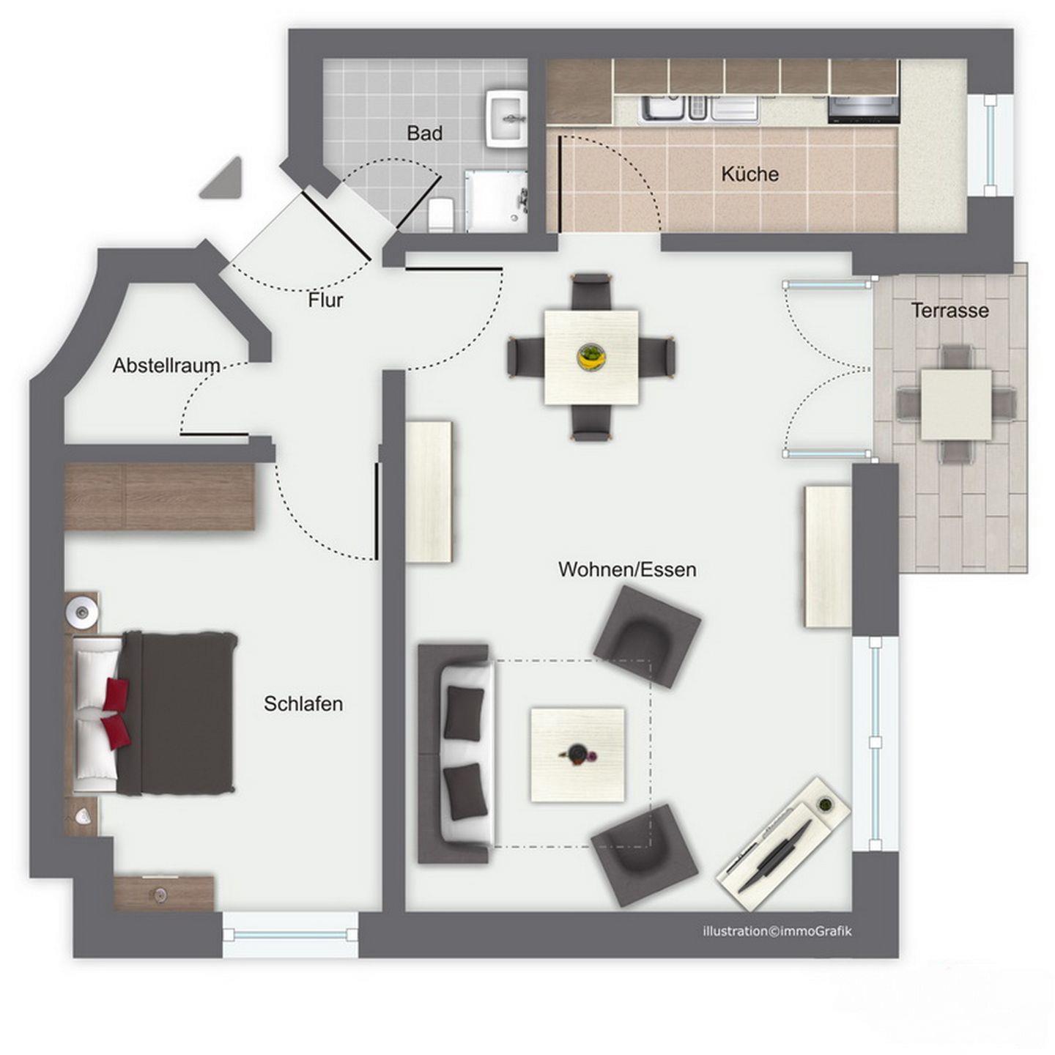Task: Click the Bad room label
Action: click(x=424, y=133)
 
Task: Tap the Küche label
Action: click(x=749, y=174)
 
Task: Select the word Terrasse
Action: click(x=950, y=311)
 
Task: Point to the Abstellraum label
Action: click(x=166, y=365)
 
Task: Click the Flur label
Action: click(x=325, y=300)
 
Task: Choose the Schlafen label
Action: click(x=303, y=703)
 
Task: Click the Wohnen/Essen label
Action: click(x=627, y=569)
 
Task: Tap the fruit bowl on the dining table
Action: click(x=591, y=358)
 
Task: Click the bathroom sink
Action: click(x=506, y=119)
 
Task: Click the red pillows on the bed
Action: click(x=116, y=713)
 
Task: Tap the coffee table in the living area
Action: click(x=577, y=755)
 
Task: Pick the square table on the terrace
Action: click(x=956, y=404)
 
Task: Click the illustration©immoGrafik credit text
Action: click(x=777, y=930)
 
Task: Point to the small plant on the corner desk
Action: click(x=823, y=804)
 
